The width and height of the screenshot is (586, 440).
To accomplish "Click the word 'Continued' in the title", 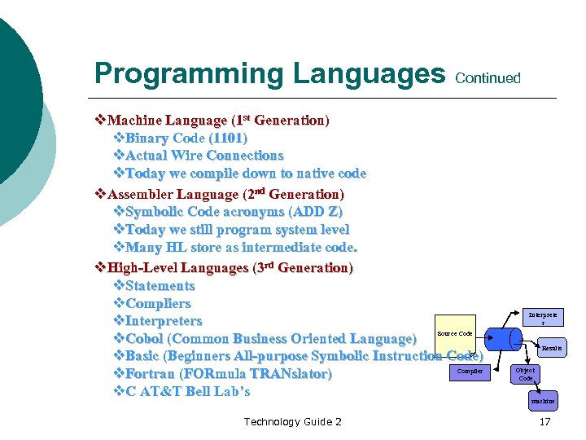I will pyautogui.click(x=488, y=78).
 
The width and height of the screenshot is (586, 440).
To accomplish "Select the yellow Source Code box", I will pyautogui.click(x=454, y=333).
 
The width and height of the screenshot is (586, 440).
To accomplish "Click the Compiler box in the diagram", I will pyautogui.click(x=470, y=372).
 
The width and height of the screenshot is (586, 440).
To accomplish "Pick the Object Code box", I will pyautogui.click(x=525, y=374).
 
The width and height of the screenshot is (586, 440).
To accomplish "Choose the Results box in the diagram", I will pyautogui.click(x=551, y=348).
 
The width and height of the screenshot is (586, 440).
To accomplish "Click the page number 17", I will pyautogui.click(x=544, y=421).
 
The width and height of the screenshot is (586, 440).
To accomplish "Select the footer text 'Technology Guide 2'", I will pyautogui.click(x=292, y=421).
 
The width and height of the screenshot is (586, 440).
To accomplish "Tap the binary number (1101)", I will pyautogui.click(x=228, y=138).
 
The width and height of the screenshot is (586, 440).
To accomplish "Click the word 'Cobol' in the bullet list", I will pyautogui.click(x=144, y=338).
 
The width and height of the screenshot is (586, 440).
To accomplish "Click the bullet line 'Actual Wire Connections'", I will pyautogui.click(x=204, y=156).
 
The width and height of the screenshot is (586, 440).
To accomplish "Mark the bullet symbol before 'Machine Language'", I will pyautogui.click(x=101, y=121).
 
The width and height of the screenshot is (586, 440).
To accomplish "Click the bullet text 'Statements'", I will pyautogui.click(x=160, y=285).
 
